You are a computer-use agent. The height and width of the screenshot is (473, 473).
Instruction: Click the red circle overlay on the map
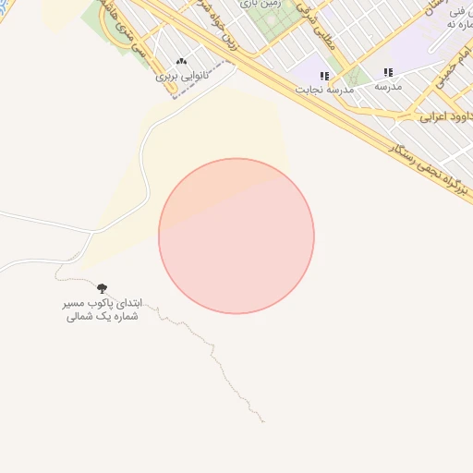pos(236,236)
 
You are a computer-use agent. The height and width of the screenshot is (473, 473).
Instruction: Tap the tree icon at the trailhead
pos(102,289)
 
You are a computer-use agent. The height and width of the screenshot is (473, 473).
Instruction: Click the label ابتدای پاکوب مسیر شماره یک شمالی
pos(101,309)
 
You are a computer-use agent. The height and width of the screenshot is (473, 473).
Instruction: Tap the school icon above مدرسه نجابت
pos(324,76)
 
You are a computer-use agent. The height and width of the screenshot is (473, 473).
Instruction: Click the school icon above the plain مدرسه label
pos(388,72)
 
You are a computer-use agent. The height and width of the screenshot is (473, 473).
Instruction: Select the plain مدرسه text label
pos(387,86)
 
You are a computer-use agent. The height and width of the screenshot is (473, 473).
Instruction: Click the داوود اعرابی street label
pos(446,116)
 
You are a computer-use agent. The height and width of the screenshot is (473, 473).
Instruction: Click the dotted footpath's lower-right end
pos(264,422)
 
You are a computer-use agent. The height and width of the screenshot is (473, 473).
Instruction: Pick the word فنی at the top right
pos(455,12)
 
